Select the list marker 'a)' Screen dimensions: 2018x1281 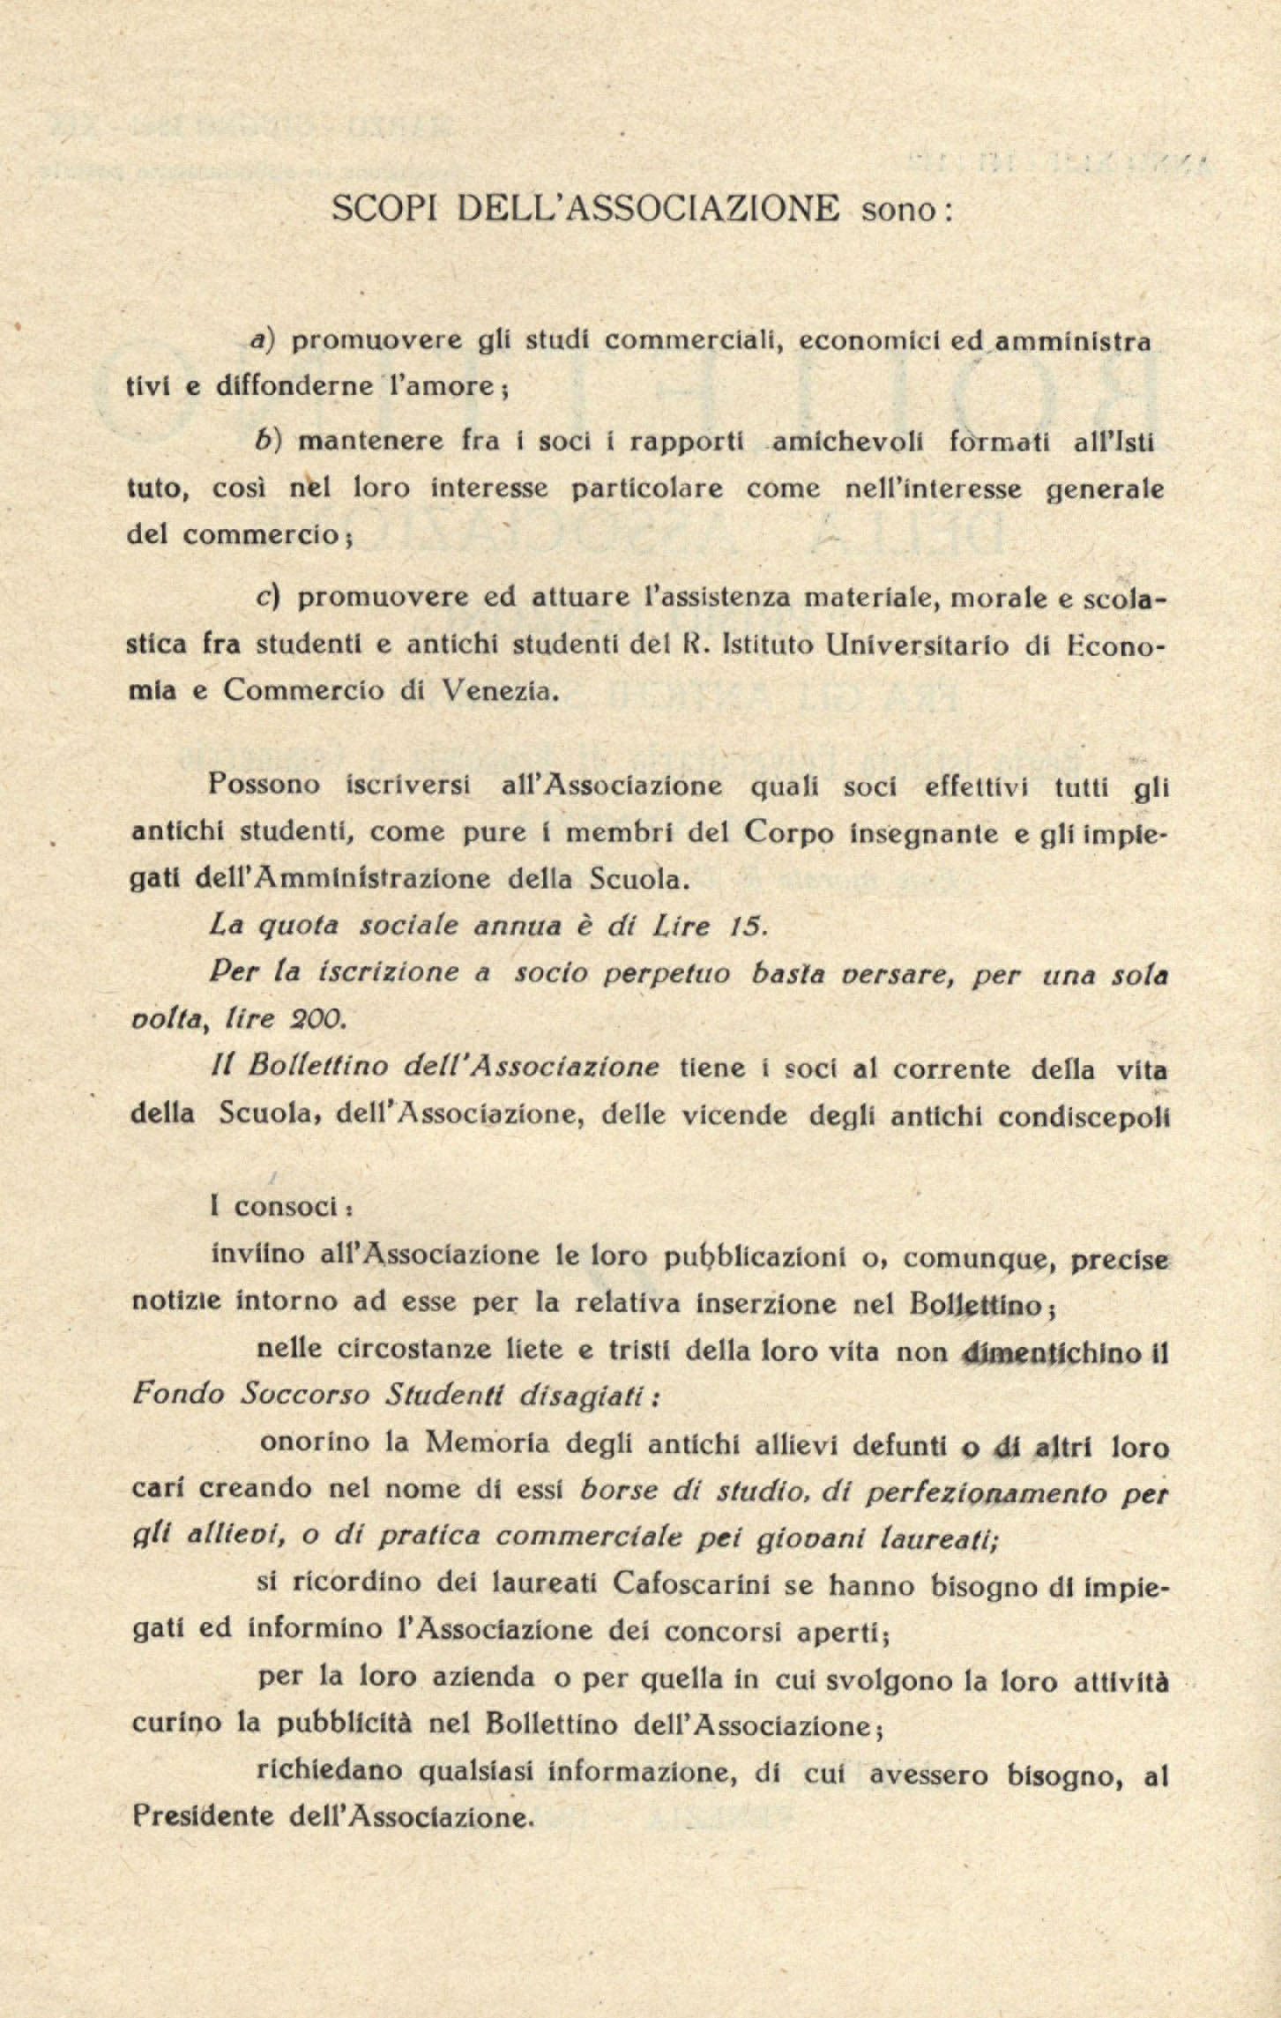[x=263, y=340]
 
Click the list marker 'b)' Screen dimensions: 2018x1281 [x=263, y=441]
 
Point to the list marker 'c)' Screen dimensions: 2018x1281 [x=267, y=598]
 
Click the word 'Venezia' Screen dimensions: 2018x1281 [x=500, y=690]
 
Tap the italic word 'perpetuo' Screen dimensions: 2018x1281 [x=654, y=974]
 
